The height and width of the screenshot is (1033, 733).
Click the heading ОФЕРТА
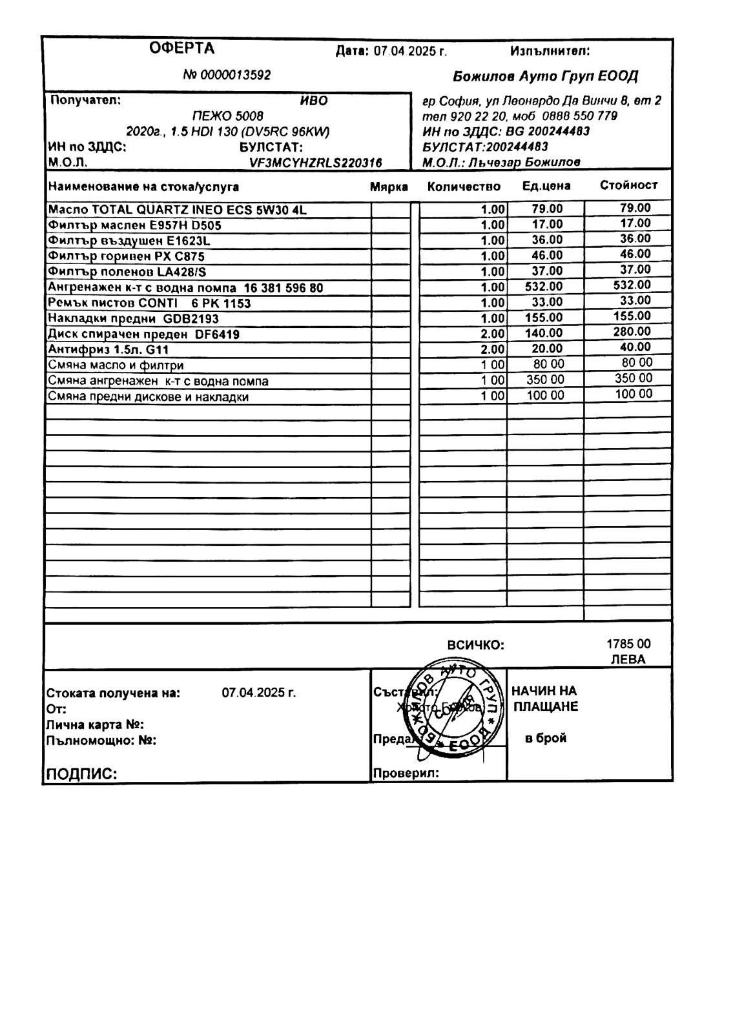click(x=181, y=48)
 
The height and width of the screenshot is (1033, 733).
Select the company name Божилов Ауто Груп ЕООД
click(x=545, y=76)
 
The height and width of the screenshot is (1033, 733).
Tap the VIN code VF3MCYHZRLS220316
click(x=316, y=163)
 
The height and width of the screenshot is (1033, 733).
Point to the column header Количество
click(x=464, y=187)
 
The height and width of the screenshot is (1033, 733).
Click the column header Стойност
click(x=628, y=185)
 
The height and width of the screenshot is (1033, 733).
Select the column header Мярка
click(x=389, y=187)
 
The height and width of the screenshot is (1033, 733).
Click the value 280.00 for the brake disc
click(x=632, y=332)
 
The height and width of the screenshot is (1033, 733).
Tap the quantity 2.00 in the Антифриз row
click(x=492, y=349)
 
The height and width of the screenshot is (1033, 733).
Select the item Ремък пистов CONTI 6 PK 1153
click(x=149, y=303)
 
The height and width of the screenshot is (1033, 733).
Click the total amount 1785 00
click(x=628, y=644)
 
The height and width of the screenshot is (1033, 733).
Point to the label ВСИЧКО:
click(x=475, y=645)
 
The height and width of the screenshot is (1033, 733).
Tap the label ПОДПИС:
click(x=81, y=774)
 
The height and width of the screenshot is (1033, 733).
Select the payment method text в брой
click(x=546, y=738)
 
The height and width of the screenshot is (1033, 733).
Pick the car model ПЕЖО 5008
click(x=228, y=116)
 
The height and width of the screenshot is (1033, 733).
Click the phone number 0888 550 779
click(x=579, y=116)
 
